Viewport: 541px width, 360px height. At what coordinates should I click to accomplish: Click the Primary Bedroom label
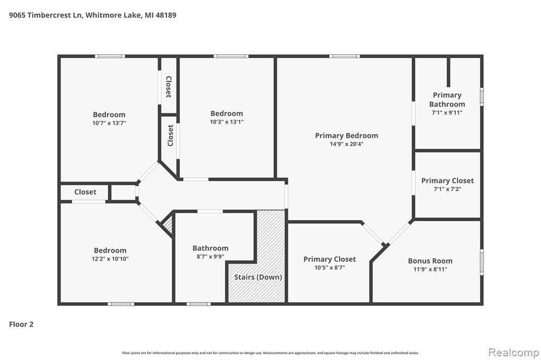[x=347, y=136]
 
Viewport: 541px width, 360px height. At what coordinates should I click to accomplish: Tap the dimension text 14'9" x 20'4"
[x=347, y=144]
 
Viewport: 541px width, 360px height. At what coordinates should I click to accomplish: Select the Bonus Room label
[x=430, y=261]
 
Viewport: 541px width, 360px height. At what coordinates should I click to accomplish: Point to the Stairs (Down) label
[x=258, y=277]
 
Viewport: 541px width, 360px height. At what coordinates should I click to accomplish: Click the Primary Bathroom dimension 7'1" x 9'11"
[x=447, y=112]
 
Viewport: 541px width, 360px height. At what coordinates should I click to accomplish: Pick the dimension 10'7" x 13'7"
[x=109, y=123]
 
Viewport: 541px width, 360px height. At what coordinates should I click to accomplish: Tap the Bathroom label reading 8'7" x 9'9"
[x=210, y=257]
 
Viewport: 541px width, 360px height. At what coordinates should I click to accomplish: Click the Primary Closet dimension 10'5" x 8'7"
[x=330, y=268]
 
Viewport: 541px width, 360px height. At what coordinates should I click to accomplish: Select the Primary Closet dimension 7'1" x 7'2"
[x=447, y=189]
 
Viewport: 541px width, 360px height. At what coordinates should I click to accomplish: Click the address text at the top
[x=92, y=15]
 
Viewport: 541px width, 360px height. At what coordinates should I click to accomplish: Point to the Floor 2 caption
[x=21, y=324]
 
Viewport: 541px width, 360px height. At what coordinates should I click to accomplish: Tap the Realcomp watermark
[x=514, y=353]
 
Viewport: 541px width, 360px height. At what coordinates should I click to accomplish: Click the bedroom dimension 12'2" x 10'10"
[x=110, y=259]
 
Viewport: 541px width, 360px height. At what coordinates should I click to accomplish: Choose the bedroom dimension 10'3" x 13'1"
[x=227, y=122]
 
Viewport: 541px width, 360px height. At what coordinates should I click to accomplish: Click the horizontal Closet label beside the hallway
[x=85, y=192]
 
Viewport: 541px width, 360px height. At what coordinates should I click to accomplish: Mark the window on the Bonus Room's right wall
[x=482, y=262]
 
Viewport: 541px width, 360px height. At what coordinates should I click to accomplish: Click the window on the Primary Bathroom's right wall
[x=482, y=97]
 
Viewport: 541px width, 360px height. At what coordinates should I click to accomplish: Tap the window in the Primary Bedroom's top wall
[x=344, y=56]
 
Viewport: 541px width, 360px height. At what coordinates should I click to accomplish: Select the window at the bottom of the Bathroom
[x=199, y=304]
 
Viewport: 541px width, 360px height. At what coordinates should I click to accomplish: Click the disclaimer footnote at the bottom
[x=270, y=353]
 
